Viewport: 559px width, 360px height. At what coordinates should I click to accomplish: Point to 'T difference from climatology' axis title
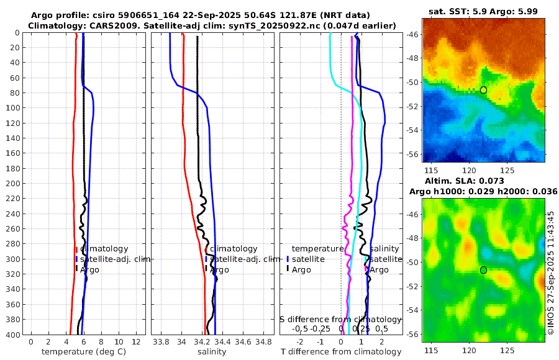[x=340, y=352]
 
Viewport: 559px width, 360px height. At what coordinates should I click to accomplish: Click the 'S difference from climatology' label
[x=340, y=319]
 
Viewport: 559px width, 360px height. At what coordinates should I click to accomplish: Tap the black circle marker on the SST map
[x=483, y=90]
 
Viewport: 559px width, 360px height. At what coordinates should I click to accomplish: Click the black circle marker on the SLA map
[x=483, y=270]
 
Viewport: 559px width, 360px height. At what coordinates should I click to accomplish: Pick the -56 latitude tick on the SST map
[x=412, y=154]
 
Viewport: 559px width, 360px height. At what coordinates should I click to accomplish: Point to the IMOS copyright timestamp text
[x=551, y=273]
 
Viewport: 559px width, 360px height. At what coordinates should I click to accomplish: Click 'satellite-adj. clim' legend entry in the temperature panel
[x=116, y=259]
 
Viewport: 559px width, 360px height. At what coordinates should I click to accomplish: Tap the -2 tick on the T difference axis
[x=300, y=342]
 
